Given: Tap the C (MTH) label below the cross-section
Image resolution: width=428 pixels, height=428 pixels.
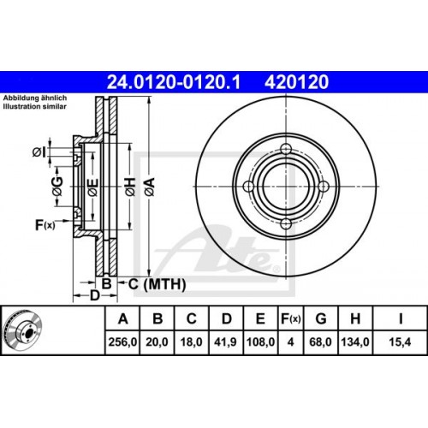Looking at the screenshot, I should coord(146,282).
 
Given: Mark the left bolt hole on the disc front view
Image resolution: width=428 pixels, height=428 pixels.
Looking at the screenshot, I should coord(248,187).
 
